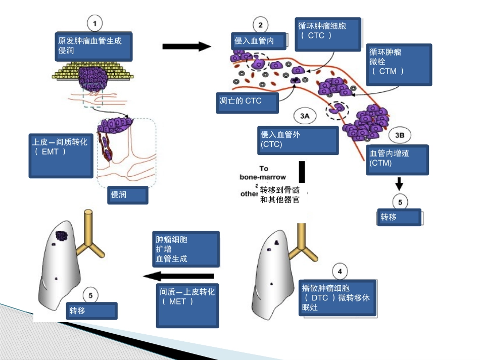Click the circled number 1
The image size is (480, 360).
[x=95, y=23]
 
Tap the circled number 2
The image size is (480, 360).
[x=260, y=25]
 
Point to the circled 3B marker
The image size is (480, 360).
[x=399, y=135]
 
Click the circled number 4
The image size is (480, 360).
[x=340, y=272]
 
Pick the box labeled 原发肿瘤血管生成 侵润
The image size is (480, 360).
[x=93, y=45]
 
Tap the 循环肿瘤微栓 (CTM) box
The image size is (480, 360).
[x=399, y=65]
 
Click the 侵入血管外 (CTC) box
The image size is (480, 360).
[x=298, y=140]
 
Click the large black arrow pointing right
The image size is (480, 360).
[x=186, y=46]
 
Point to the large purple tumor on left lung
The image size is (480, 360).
[x=62, y=236]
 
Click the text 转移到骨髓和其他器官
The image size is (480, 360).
[x=279, y=195]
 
